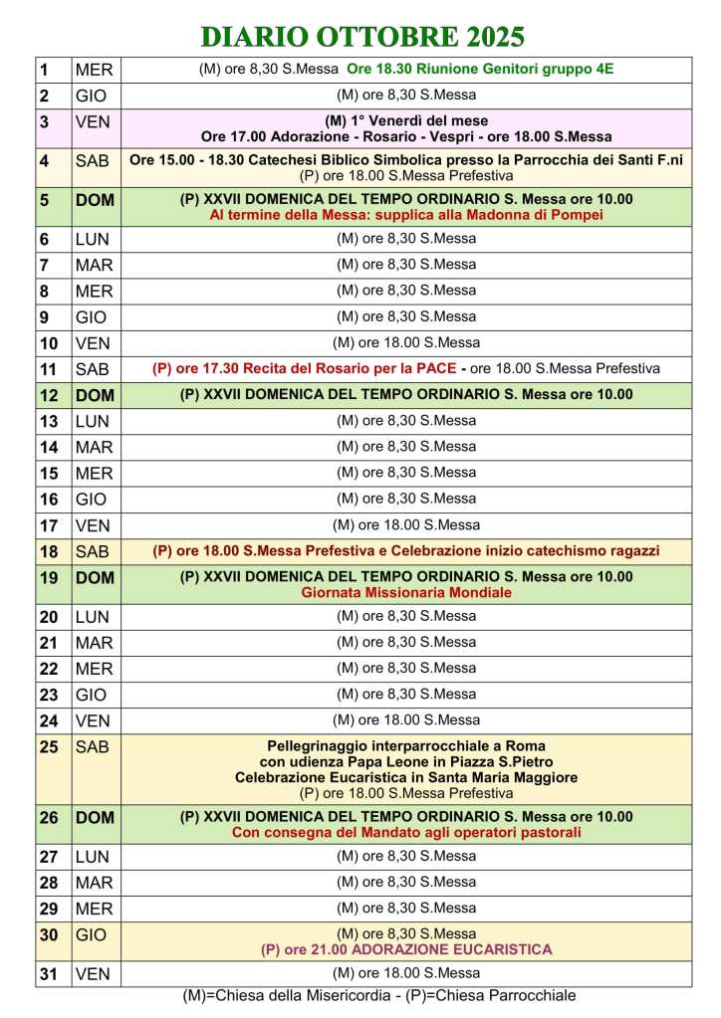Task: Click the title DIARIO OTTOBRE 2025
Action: [x=362, y=38]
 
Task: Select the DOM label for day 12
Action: [x=95, y=395]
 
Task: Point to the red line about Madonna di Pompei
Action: [x=406, y=214]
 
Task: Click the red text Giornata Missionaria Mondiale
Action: [x=406, y=592]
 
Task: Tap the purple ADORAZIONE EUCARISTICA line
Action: [x=406, y=949]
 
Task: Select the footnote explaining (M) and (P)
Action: [x=379, y=995]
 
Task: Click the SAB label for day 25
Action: [x=93, y=747]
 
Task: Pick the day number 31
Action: [x=48, y=975]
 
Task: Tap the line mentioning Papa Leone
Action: [x=406, y=761]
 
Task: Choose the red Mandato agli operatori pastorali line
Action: [x=406, y=832]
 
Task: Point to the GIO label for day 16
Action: [x=92, y=500]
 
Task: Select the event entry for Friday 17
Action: [x=406, y=524]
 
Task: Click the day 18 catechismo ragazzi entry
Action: [x=406, y=550]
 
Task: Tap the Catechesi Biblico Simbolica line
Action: [x=406, y=159]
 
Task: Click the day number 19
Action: [x=48, y=577]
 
